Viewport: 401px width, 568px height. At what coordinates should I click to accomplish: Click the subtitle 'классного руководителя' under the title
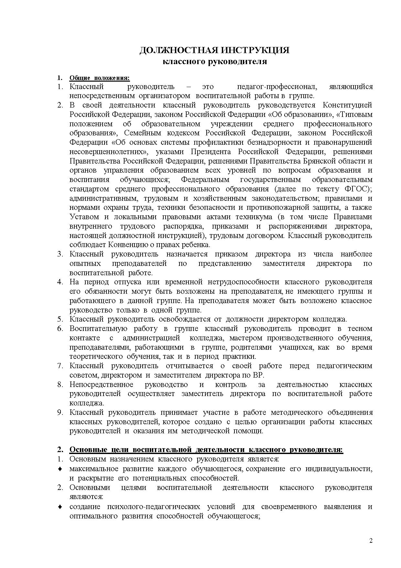(x=214, y=62)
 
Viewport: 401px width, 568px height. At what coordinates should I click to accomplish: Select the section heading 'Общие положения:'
(x=100, y=78)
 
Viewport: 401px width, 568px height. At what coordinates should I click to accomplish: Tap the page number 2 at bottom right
(x=371, y=540)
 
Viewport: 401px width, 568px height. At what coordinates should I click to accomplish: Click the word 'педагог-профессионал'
(x=277, y=87)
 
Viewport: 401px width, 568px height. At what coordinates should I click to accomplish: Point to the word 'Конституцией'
(x=348, y=105)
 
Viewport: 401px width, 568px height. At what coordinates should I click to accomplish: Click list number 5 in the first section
(x=60, y=319)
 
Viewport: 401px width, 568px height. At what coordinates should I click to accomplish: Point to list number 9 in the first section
(x=60, y=413)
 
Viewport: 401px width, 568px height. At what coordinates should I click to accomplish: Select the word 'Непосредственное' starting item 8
(x=101, y=385)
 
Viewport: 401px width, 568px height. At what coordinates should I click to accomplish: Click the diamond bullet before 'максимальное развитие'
(x=60, y=469)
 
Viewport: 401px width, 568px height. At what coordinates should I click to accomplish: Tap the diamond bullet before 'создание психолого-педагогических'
(x=60, y=506)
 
